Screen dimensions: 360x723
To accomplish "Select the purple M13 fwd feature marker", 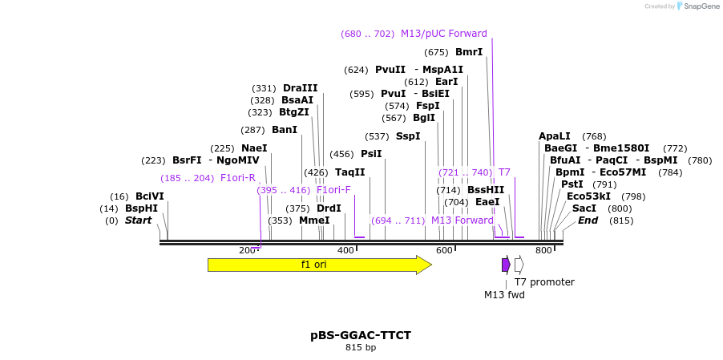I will coord(506,265).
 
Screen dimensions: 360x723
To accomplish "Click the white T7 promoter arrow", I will coord(519,265).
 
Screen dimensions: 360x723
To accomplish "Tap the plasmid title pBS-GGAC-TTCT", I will coord(361,335).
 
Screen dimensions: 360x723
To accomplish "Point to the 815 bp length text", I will coord(361,348).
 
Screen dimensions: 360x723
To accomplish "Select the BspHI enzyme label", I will coord(141,208).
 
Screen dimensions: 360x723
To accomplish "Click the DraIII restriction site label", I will coord(300,88).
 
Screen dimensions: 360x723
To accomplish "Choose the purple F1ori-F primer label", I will coord(333,190).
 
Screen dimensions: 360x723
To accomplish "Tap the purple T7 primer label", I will coord(504,172).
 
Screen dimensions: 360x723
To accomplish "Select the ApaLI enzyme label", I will coord(555,136).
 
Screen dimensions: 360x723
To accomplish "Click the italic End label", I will coord(588,220).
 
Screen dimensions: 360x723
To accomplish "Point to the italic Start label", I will coord(138,220).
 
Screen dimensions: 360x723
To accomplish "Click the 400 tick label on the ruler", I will coord(345,251).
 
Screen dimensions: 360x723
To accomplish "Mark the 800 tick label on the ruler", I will coord(543,251).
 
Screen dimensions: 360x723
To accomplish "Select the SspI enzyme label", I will coord(407,136).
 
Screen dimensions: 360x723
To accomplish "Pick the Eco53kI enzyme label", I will coord(588,196).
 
